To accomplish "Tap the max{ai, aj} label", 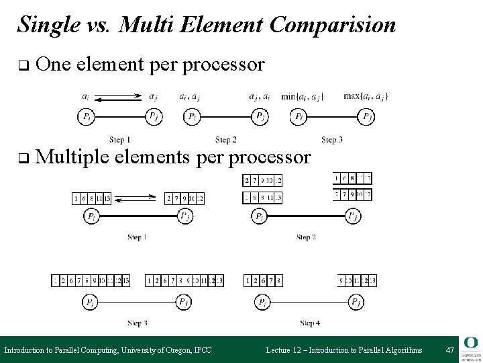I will click(366, 96).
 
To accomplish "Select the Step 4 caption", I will click(310, 323).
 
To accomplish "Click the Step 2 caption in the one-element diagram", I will click(225, 140).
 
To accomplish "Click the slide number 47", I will click(449, 350).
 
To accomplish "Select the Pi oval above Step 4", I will click(262, 302).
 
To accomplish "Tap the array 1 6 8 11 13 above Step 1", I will click(92, 198).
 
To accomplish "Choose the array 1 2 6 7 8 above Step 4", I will click(264, 280).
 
